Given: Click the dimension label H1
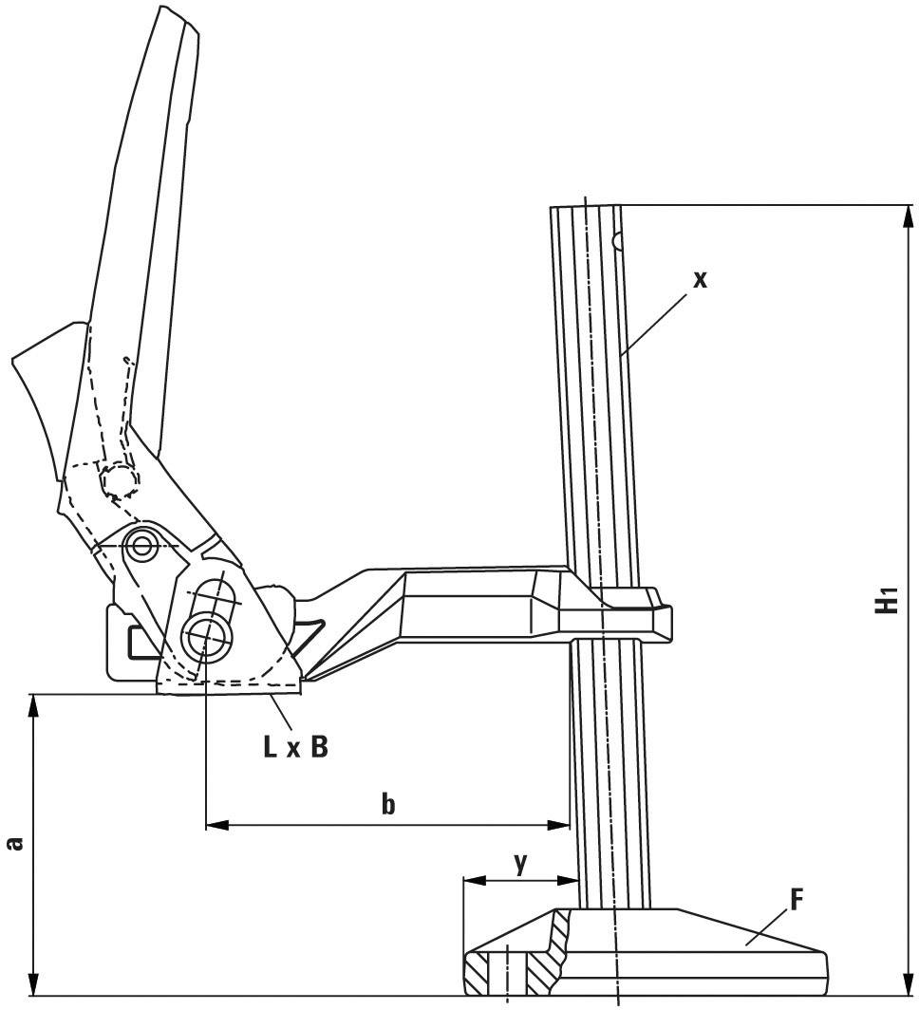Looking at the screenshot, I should (886, 601).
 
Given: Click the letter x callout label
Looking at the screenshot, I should (700, 279).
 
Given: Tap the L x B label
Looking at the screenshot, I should (295, 747).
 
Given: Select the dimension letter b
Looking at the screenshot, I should (387, 805).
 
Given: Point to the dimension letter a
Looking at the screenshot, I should (14, 842).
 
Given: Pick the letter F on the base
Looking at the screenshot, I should (797, 899).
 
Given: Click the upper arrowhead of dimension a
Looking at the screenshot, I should (34, 705).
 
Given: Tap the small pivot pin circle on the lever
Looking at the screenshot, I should (142, 546).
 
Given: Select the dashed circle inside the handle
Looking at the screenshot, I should (119, 481).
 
